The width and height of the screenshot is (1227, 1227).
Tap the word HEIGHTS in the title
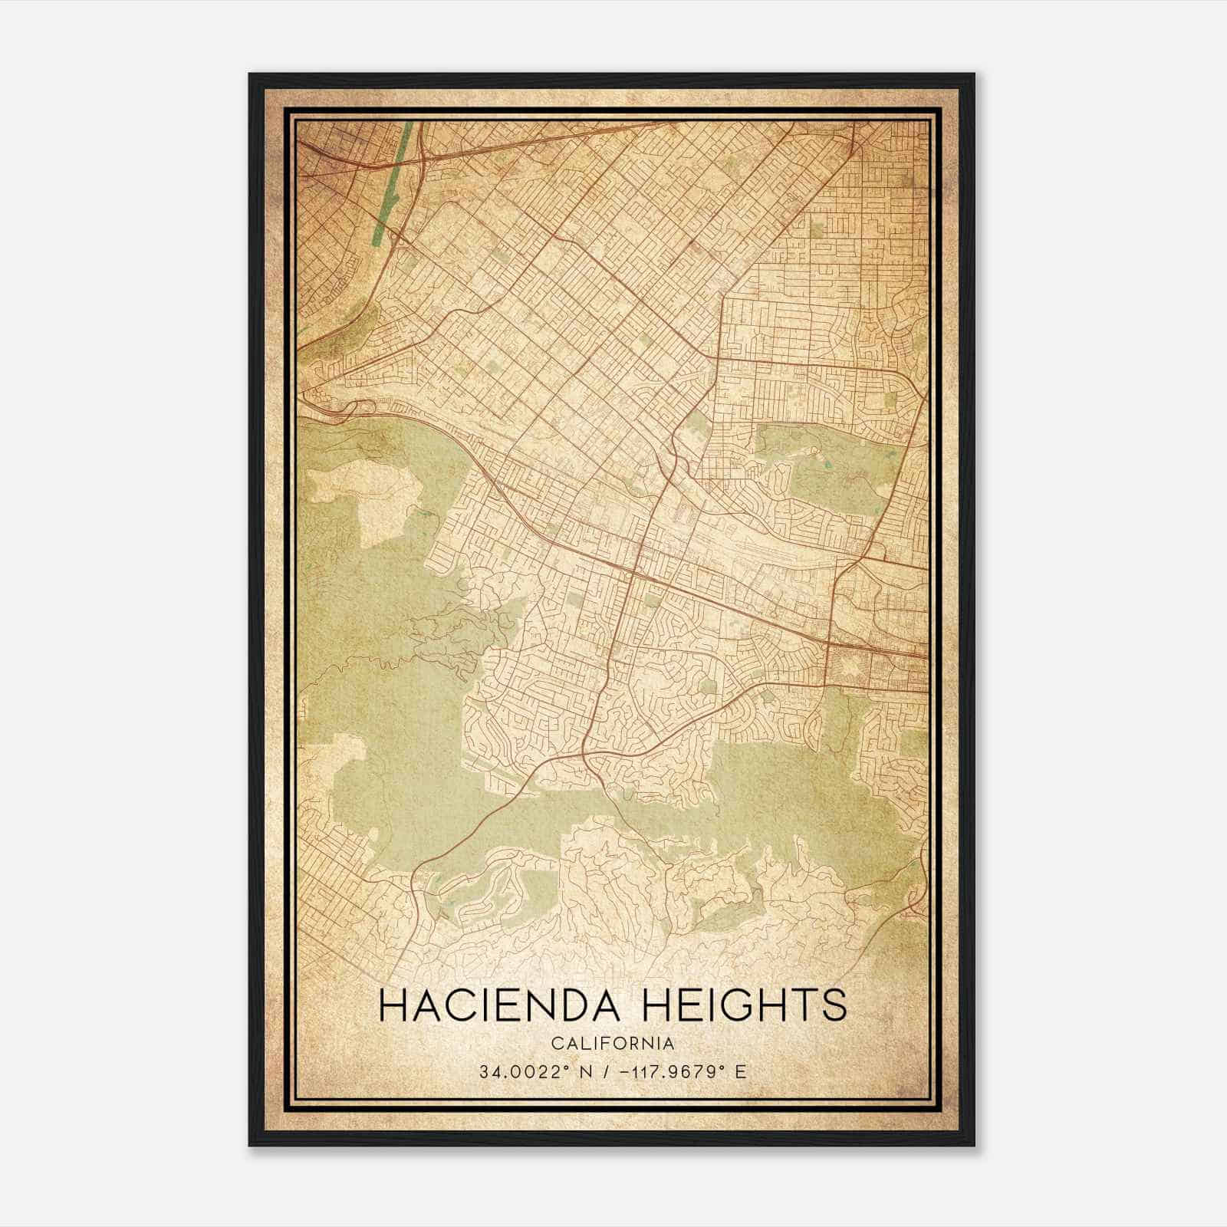tap(743, 1005)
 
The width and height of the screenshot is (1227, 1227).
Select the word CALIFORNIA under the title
tap(613, 1044)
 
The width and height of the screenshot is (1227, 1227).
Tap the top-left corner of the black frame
tap(250, 74)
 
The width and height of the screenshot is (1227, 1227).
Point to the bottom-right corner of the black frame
tap(974, 1145)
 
